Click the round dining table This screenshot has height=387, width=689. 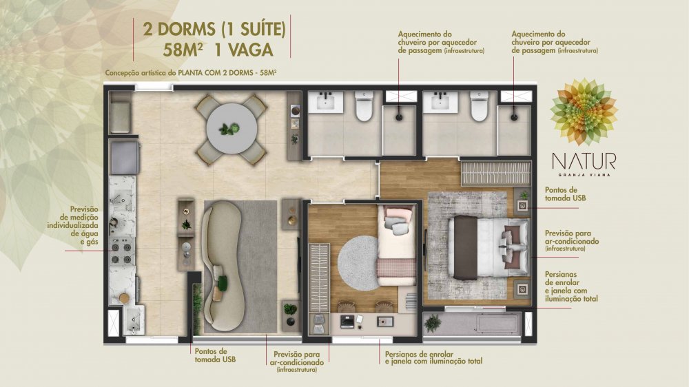[232, 128]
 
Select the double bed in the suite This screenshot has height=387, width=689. [489, 247]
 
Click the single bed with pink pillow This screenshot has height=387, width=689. [396, 246]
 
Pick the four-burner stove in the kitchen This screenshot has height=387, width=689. [121, 253]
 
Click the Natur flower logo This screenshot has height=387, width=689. [584, 112]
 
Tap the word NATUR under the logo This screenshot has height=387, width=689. [584, 161]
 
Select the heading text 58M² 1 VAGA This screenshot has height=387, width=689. [218, 50]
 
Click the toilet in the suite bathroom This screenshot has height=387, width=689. [479, 106]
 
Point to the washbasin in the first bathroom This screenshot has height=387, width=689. [326, 102]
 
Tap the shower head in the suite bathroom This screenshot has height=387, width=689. [514, 117]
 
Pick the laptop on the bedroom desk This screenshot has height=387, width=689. [347, 322]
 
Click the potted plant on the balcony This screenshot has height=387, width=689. [433, 324]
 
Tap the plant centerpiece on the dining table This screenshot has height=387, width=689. [229, 129]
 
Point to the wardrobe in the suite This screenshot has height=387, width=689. [495, 173]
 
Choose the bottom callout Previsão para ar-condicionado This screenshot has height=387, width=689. [296, 362]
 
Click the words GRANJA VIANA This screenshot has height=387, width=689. [584, 174]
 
